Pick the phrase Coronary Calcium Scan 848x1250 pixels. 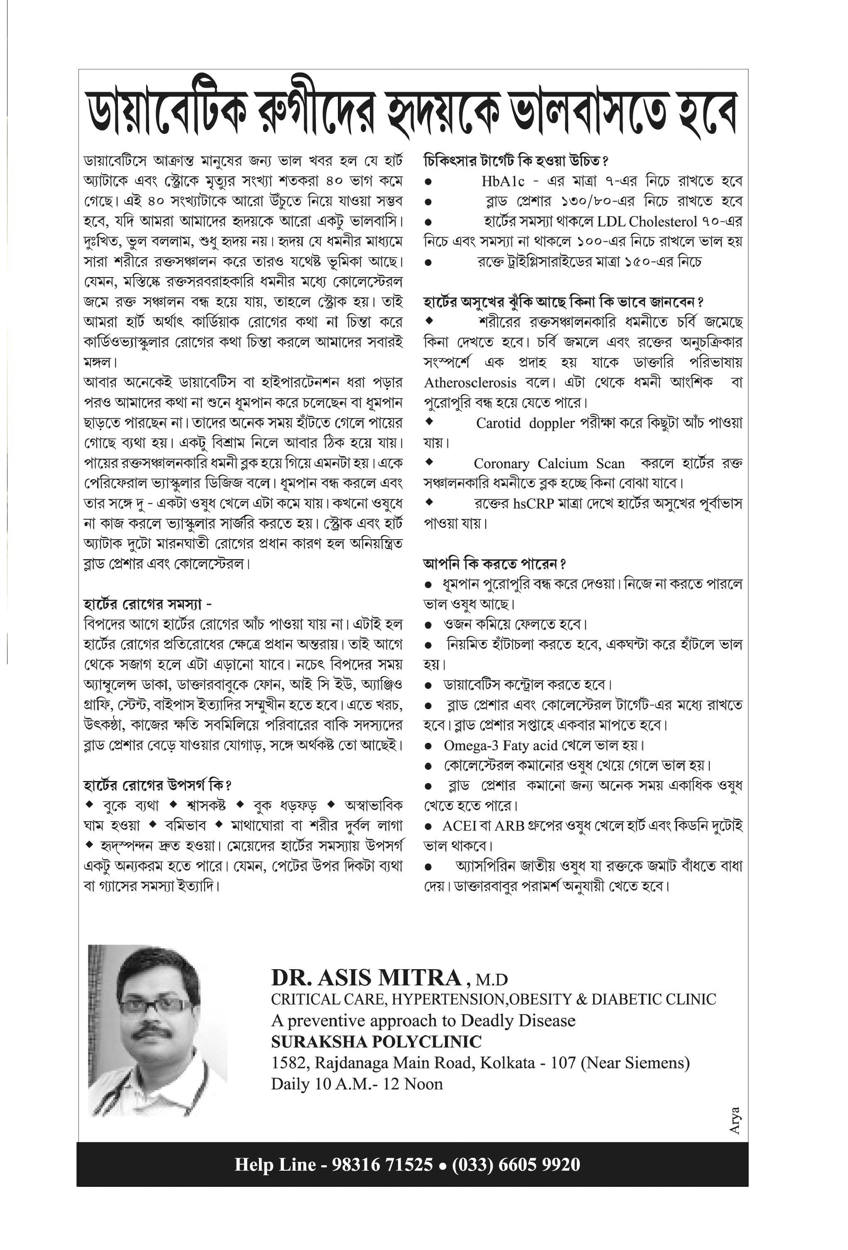point(549,464)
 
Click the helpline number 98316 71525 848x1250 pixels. point(382,1164)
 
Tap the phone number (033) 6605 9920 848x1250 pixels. point(516,1164)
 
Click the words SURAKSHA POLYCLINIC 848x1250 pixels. point(376,1042)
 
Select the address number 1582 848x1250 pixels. point(290,1063)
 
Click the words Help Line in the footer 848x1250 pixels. point(275,1164)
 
